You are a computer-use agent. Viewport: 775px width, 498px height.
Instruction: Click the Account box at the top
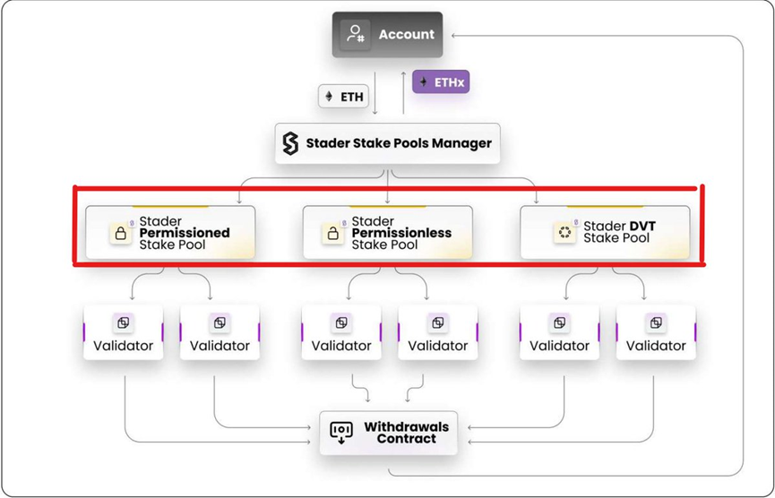(x=387, y=35)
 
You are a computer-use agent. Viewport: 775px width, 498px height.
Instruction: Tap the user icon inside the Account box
(x=356, y=35)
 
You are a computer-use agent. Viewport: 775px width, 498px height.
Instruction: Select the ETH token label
(x=344, y=96)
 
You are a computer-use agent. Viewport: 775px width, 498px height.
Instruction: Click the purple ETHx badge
(x=441, y=82)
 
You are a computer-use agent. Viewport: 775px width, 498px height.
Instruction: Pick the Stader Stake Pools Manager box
(x=387, y=143)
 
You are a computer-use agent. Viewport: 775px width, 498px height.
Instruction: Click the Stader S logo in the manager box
(x=290, y=143)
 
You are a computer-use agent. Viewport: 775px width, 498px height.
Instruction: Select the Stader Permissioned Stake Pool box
(x=170, y=233)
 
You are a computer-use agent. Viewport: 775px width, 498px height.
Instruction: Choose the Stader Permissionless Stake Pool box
(x=387, y=233)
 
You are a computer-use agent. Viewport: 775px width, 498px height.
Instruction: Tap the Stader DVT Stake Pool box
(x=605, y=233)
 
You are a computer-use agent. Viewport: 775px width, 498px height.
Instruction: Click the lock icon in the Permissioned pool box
(x=121, y=234)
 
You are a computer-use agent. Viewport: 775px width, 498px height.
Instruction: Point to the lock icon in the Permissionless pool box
(x=332, y=234)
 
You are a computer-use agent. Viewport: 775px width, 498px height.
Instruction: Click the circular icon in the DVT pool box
(x=564, y=233)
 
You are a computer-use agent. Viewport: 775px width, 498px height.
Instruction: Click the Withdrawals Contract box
(x=388, y=433)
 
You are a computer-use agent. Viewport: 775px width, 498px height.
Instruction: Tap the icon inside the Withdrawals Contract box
(x=341, y=433)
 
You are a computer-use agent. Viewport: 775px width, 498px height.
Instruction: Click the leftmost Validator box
(x=124, y=332)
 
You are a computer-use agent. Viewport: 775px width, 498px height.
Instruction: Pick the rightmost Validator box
(x=656, y=332)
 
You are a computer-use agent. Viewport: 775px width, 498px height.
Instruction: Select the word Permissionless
(x=401, y=233)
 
